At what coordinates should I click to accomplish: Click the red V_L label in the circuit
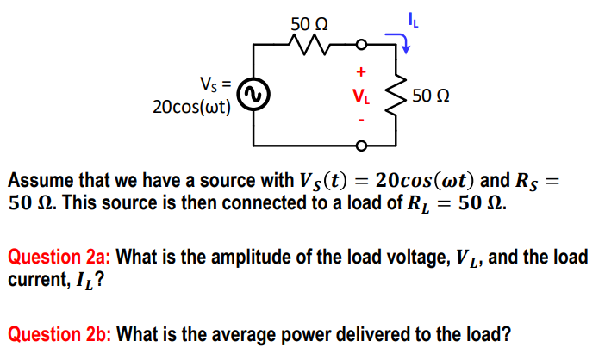[x=362, y=96]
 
